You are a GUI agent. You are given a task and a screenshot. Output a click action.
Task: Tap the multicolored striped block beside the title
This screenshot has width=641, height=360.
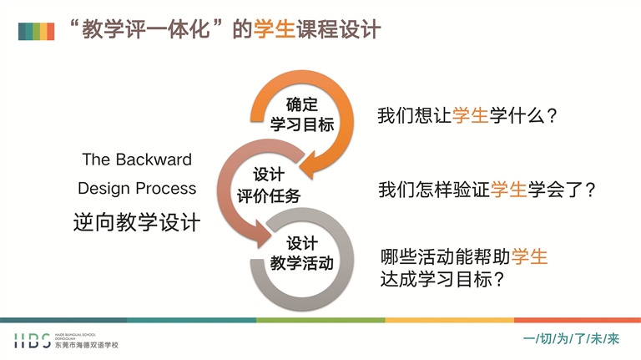[x=36, y=31]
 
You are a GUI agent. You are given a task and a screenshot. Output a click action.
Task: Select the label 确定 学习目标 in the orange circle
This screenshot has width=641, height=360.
[x=302, y=114]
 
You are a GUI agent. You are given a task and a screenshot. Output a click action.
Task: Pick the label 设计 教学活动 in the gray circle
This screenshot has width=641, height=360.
[x=302, y=253]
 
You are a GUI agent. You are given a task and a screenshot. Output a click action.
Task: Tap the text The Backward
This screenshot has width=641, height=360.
[x=137, y=160]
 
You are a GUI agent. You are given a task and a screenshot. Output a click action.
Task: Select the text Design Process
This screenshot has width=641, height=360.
[x=137, y=189]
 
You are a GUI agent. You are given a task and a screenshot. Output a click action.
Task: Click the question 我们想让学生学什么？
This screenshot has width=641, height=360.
[x=467, y=116]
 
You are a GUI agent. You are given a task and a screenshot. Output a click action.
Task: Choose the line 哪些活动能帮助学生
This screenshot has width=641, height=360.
[x=464, y=256]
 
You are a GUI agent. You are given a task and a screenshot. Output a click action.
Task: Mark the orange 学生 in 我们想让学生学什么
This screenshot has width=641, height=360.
[x=470, y=116]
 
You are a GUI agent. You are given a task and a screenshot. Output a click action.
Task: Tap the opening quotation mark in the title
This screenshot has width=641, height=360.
[x=75, y=24]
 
